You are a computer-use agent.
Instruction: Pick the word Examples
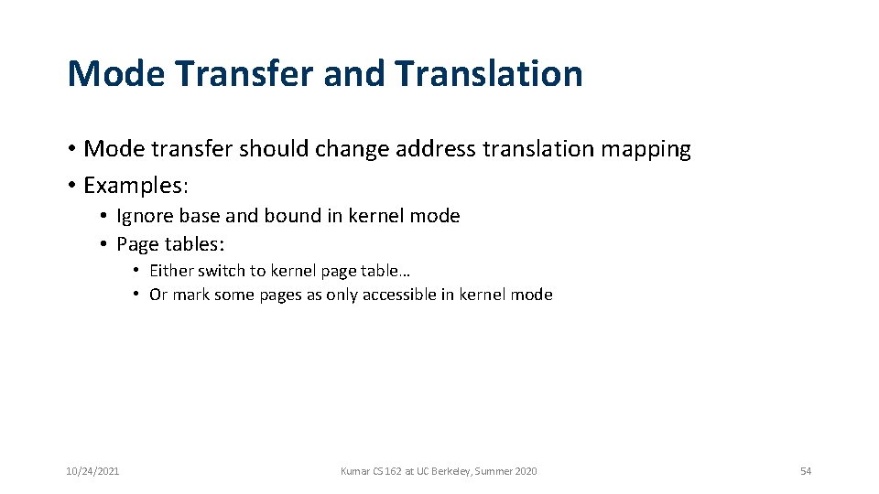(x=134, y=186)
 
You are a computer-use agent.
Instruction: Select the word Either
(x=171, y=271)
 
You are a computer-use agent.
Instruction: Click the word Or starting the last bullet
(x=158, y=295)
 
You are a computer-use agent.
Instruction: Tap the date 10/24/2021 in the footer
(x=92, y=471)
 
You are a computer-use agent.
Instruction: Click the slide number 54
(x=806, y=471)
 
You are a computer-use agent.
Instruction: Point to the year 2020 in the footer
(x=526, y=471)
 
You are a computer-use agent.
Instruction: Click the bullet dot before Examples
(x=71, y=186)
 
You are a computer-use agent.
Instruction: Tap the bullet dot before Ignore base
(x=104, y=216)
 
